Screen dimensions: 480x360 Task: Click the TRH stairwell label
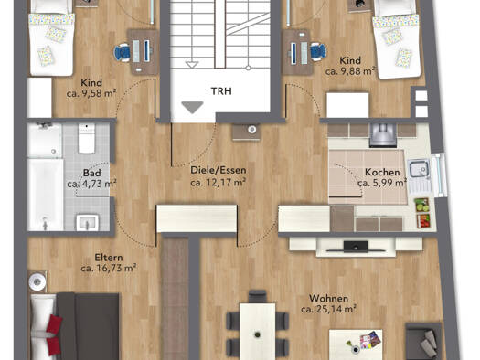click(221, 91)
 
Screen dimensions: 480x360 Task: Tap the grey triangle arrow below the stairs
click(192, 107)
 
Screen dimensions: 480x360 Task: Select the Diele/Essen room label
click(218, 170)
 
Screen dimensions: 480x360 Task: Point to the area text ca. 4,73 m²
click(91, 184)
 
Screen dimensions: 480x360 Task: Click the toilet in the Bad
click(86, 138)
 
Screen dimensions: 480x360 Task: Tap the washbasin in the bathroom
click(87, 222)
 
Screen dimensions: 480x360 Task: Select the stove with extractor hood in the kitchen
click(383, 134)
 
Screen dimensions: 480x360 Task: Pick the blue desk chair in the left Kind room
click(123, 52)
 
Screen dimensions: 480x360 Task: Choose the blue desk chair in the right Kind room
click(318, 51)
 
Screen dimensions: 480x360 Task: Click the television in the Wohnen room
click(355, 247)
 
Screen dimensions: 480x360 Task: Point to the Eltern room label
click(109, 258)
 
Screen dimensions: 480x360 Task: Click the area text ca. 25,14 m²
click(328, 309)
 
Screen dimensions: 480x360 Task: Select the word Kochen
click(382, 172)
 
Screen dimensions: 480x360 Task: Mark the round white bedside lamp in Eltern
click(37, 281)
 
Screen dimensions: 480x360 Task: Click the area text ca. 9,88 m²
click(350, 71)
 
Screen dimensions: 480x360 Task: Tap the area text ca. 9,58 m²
click(91, 93)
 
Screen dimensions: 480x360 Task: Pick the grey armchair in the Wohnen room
click(424, 341)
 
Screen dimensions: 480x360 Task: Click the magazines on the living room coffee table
click(370, 340)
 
